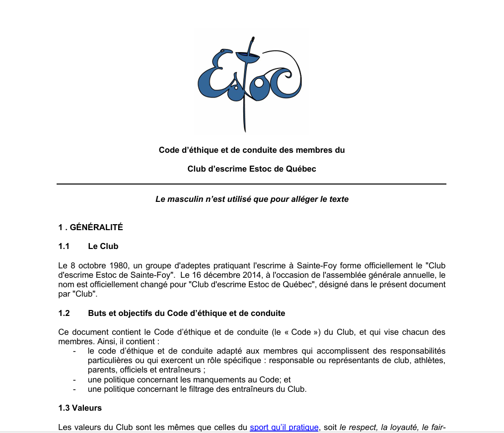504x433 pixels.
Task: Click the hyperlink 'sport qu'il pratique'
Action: point(284,427)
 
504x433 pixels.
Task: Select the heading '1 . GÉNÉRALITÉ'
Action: point(90,228)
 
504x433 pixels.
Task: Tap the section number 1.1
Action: point(64,247)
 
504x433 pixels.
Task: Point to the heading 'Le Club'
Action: point(103,247)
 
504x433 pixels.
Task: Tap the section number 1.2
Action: point(65,313)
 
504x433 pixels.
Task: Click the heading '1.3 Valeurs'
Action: point(80,408)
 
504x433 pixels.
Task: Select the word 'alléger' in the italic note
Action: point(296,199)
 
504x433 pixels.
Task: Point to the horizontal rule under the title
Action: point(251,185)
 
